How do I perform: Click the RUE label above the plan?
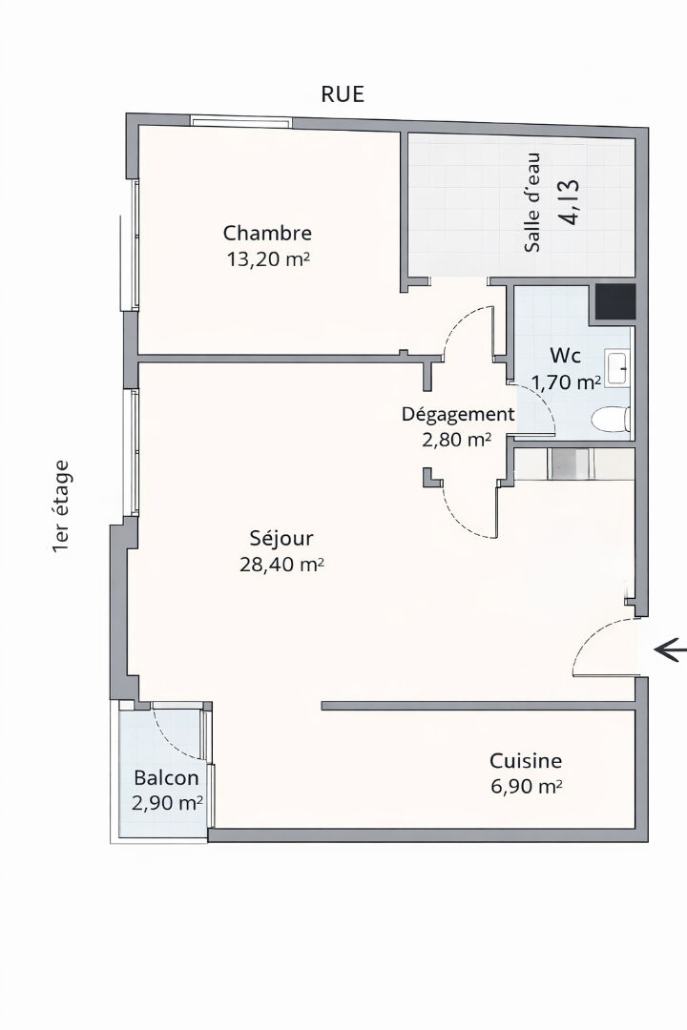click(342, 94)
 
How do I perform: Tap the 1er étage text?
click(60, 506)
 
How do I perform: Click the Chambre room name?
click(267, 233)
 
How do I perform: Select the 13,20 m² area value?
click(267, 258)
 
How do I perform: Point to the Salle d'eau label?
click(532, 202)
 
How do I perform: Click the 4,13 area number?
click(571, 202)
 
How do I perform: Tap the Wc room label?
click(566, 356)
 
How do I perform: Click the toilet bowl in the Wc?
click(611, 419)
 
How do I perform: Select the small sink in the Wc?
click(618, 368)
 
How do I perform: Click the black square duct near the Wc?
click(614, 301)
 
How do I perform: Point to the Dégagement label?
click(458, 415)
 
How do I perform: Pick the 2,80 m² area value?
click(456, 440)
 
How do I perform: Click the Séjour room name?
click(281, 538)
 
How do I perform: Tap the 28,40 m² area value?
click(281, 565)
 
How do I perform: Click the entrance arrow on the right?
click(670, 650)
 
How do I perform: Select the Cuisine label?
click(526, 761)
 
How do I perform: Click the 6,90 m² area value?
click(526, 786)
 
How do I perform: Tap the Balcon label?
click(166, 778)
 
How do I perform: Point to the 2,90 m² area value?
click(167, 803)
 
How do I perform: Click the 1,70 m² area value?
click(566, 382)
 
